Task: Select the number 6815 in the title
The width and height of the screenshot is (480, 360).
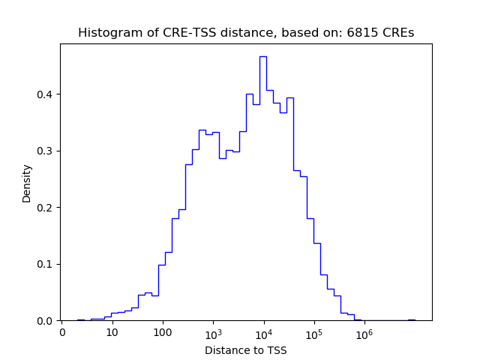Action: [363, 33]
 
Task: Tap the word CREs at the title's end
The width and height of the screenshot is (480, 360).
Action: [397, 33]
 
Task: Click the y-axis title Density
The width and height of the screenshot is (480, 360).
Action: [27, 183]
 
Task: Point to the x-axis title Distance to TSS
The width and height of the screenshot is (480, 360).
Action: [245, 350]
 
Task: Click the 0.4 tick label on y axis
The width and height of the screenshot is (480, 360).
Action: [46, 94]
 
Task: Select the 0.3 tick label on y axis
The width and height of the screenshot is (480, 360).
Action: [46, 151]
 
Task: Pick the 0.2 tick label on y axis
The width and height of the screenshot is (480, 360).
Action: [46, 208]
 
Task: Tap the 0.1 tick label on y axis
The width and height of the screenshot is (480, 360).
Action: [46, 264]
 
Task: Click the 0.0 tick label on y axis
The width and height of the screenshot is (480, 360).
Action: [46, 321]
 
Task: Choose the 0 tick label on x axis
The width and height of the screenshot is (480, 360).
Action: [62, 332]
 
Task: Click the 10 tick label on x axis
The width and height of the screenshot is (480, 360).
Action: [112, 332]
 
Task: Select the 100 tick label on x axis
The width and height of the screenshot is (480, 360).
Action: [163, 332]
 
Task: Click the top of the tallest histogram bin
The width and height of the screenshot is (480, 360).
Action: [263, 56]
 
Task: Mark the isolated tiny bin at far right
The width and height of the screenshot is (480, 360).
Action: [412, 319]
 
